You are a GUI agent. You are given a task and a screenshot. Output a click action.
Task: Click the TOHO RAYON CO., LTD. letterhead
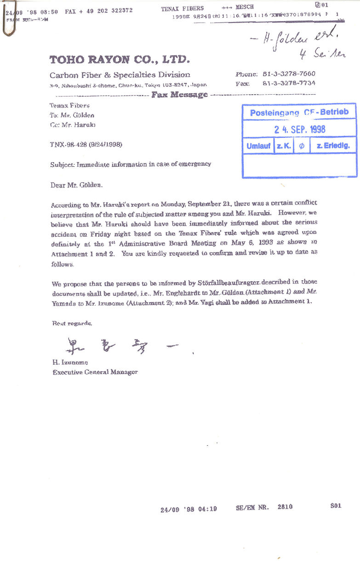tap(119, 59)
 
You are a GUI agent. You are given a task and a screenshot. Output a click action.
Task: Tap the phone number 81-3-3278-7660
tap(289, 74)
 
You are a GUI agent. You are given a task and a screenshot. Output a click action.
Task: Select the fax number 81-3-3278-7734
tap(289, 84)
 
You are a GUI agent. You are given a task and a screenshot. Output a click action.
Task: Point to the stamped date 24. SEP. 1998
tap(300, 130)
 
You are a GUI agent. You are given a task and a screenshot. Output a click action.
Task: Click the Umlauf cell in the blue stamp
tap(258, 146)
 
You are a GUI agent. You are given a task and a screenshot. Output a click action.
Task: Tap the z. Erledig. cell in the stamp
tap(333, 146)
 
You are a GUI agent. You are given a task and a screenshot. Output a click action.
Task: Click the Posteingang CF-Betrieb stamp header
tap(299, 113)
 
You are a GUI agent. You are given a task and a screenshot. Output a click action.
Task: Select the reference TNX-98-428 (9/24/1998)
tap(86, 144)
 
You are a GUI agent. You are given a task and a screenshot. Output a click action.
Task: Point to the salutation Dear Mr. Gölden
tap(77, 185)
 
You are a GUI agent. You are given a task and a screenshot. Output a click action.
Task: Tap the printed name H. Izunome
tap(70, 363)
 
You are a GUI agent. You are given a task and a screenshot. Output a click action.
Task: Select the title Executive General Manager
tap(95, 372)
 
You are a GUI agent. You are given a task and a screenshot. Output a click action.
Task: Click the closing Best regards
tap(72, 323)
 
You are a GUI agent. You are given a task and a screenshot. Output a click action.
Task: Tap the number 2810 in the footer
tap(285, 507)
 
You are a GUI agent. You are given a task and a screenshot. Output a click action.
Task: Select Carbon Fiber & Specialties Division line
tap(120, 75)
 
